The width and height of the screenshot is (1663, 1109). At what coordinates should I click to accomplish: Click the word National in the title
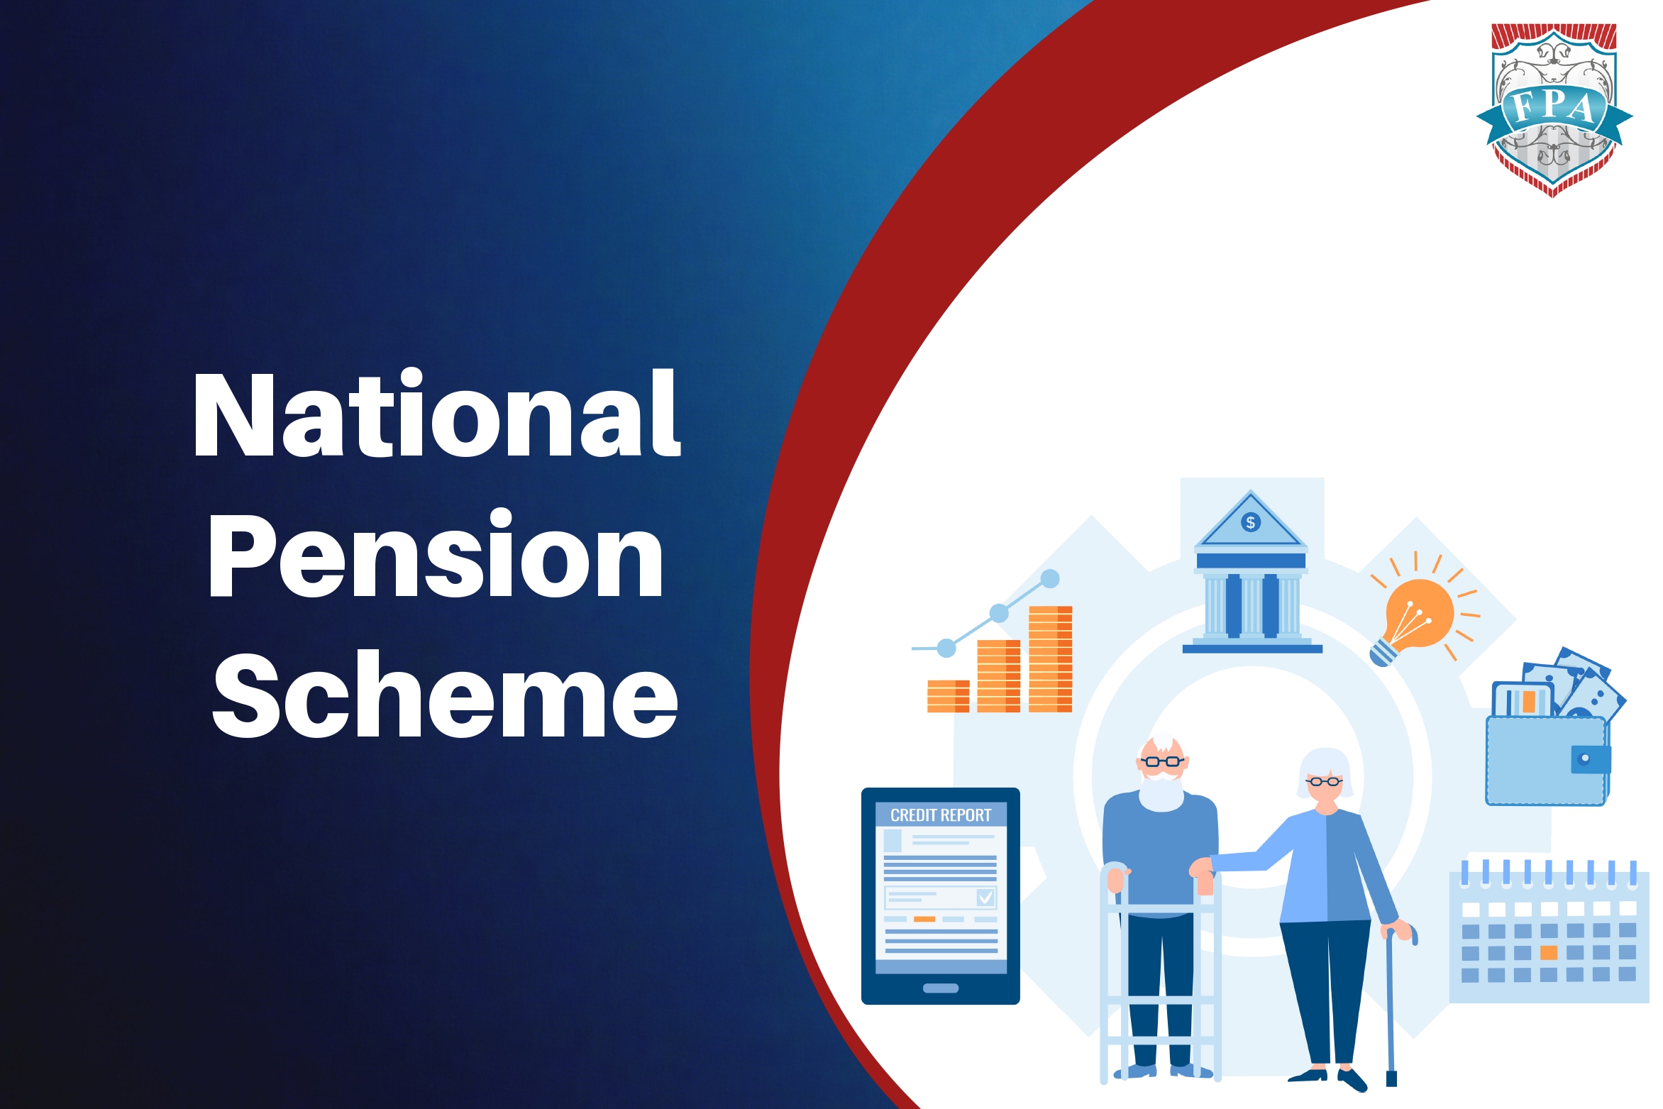[436, 415]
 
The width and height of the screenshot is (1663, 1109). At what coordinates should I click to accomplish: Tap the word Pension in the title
[435, 556]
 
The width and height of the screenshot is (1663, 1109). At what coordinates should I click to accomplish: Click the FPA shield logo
[1554, 110]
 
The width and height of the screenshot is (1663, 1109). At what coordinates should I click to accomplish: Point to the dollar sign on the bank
[1251, 523]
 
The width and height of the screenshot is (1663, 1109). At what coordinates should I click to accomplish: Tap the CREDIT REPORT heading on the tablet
[941, 815]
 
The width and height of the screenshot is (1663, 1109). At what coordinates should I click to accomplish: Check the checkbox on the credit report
[985, 898]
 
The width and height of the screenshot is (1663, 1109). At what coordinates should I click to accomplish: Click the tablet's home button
[941, 988]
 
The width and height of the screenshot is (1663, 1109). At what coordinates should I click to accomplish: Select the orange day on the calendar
[1549, 952]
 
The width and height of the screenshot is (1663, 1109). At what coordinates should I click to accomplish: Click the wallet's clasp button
[1584, 758]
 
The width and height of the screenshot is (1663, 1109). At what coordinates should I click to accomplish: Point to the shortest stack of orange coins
[948, 695]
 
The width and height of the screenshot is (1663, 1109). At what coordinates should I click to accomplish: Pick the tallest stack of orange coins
[1050, 658]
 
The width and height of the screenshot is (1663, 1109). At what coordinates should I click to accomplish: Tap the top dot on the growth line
[1050, 579]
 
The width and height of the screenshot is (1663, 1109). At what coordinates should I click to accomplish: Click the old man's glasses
[1162, 761]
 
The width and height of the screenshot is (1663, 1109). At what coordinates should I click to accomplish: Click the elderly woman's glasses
[1324, 782]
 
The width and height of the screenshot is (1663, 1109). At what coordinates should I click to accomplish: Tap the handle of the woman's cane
[1402, 930]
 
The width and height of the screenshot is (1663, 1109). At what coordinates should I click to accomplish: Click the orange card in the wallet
[1529, 702]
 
